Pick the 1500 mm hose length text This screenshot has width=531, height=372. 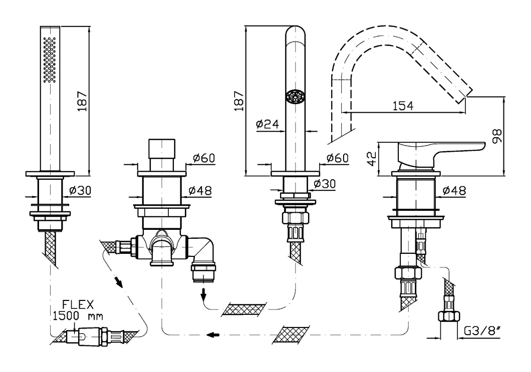(x=75, y=316)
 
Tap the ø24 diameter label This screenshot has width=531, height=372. (x=267, y=124)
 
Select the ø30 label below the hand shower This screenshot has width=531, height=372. (x=80, y=191)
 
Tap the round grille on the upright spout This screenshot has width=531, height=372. (x=294, y=97)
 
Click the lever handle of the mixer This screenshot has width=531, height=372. (x=441, y=150)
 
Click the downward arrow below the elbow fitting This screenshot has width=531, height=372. (x=204, y=295)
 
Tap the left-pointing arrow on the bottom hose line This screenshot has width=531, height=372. (x=214, y=335)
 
